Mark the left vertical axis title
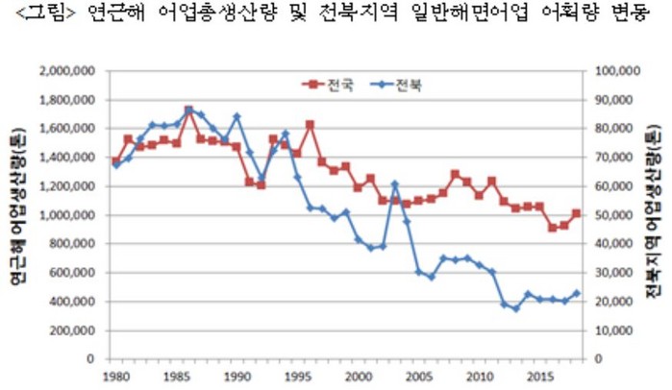coord(16,215)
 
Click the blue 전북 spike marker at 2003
coord(394,184)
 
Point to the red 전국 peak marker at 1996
coord(310,125)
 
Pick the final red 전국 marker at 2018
coord(577,213)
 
